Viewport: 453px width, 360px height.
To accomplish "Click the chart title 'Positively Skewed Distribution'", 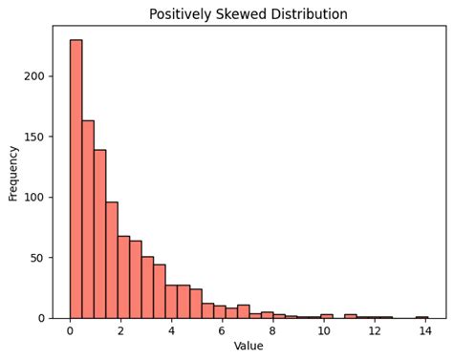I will click(x=248, y=14).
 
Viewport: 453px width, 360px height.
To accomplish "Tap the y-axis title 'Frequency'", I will click(x=13, y=173).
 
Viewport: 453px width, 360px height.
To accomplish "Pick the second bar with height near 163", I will click(x=88, y=220).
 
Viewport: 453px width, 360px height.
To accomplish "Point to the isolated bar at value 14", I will click(x=421, y=317).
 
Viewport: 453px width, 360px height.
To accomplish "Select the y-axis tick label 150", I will click(x=36, y=137).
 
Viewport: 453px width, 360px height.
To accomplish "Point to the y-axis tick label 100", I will click(x=36, y=198).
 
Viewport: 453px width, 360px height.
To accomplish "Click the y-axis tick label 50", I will click(x=39, y=258).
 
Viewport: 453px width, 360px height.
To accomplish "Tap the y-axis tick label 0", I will click(x=42, y=318).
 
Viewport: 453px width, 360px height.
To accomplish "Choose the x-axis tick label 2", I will click(x=120, y=331).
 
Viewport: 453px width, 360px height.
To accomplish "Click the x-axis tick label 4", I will click(x=171, y=331).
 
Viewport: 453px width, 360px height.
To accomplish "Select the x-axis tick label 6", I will click(x=222, y=331).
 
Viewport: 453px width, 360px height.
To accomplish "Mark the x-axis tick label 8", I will click(x=272, y=331).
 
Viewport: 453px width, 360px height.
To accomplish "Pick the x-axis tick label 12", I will click(x=374, y=331).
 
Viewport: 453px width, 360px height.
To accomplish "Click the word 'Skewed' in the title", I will click(x=245, y=14).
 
